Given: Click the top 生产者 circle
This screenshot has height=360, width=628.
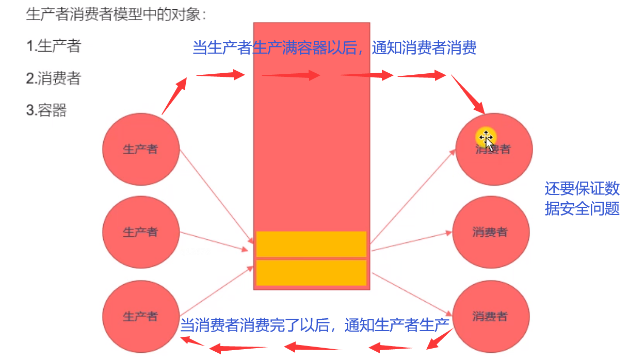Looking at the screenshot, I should (141, 150).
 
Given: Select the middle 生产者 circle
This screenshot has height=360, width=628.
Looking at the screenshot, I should (141, 232).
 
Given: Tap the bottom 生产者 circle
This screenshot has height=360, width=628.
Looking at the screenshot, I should (141, 316).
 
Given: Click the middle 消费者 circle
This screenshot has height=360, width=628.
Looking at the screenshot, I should (491, 232).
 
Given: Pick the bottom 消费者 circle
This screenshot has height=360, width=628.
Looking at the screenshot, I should (491, 316).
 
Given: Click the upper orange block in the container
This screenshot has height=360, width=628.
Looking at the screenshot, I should (311, 244).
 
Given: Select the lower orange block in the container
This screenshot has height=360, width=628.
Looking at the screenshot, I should (311, 273).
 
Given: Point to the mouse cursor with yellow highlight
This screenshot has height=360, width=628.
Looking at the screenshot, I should (486, 137).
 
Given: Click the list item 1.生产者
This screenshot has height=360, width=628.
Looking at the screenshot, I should (54, 46).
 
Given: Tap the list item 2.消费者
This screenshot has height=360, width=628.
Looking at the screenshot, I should (54, 78).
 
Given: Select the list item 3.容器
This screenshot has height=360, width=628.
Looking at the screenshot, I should (46, 110).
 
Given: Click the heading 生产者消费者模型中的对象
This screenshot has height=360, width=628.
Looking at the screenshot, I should (116, 14).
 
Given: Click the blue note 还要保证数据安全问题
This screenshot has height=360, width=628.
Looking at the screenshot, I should (582, 199).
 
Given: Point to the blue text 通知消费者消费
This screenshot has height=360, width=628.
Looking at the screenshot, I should (424, 48).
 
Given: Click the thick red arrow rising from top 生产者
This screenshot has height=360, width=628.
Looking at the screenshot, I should (174, 95).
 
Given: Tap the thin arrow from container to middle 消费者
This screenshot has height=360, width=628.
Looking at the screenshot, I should (412, 241).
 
